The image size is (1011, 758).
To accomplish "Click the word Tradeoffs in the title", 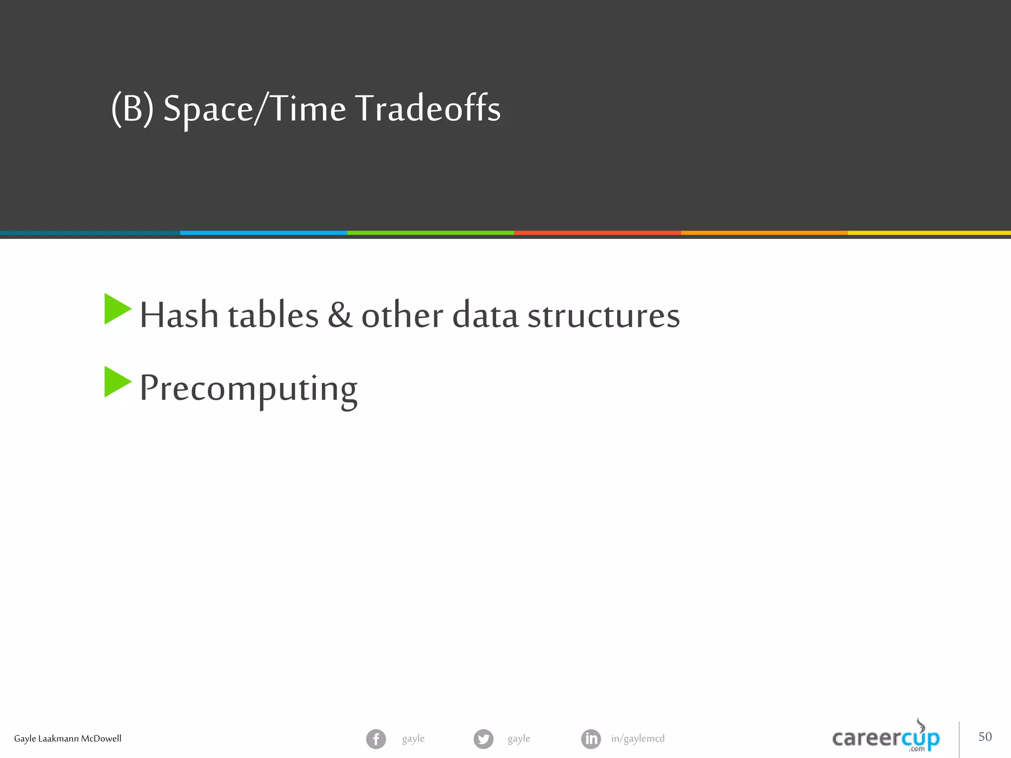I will coord(428,109).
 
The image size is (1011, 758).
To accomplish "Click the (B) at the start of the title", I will coord(132,109).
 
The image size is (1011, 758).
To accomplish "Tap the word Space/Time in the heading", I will coord(254,109).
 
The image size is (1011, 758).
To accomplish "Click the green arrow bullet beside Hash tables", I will coord(117,309).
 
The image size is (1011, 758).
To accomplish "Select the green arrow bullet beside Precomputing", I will coord(117,382).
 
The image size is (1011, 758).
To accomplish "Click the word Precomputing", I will coord(248,389).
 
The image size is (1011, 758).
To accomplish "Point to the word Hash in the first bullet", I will coord(179,315).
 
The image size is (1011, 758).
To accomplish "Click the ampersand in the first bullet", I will coord(340,315).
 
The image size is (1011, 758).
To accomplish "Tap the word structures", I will coord(603,315).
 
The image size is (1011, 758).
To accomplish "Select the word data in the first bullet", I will coord(485,315).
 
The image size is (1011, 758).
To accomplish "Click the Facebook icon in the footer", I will coord(376,739).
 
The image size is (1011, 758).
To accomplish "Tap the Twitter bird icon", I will coord(483,739).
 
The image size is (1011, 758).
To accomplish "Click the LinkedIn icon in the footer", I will coord(591,739).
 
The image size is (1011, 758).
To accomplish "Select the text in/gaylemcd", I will coord(638,739).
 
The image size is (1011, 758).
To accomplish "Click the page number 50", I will coord(985,737).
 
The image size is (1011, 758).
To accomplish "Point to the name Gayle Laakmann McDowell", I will coord(68,739).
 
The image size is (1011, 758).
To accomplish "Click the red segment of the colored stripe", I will coord(597,233).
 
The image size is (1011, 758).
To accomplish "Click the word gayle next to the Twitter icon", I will coord(519,739).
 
